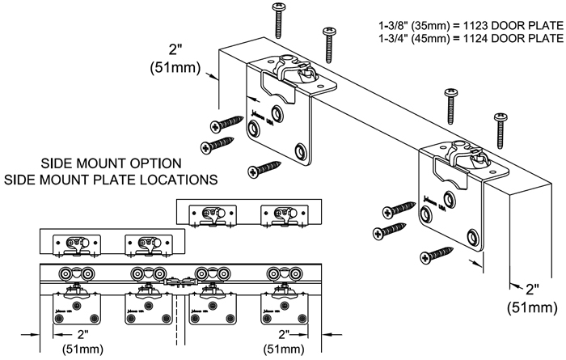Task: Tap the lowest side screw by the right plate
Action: tap(436, 256)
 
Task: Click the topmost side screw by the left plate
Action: tap(227, 124)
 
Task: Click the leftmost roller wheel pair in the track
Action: tap(76, 273)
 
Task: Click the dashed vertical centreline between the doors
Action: tap(176, 320)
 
